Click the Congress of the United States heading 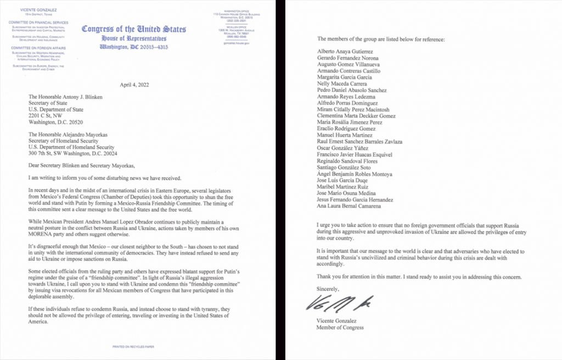pyautogui.click(x=133, y=29)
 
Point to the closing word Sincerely pyautogui.click(x=328, y=289)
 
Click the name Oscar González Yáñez pyautogui.click(x=343, y=148)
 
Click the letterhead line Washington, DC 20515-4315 pyautogui.click(x=133, y=47)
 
